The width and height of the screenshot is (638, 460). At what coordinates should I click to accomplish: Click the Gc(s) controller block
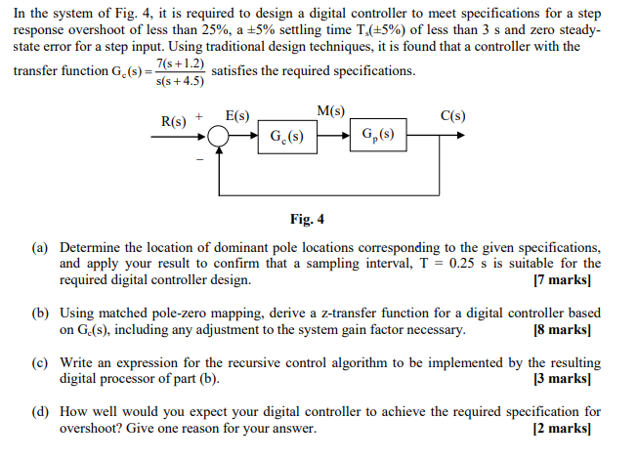pyautogui.click(x=285, y=136)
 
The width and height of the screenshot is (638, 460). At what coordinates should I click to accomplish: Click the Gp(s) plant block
pyautogui.click(x=377, y=135)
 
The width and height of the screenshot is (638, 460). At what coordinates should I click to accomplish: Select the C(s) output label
pyautogui.click(x=452, y=117)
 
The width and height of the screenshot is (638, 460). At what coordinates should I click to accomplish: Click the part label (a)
pyautogui.click(x=41, y=248)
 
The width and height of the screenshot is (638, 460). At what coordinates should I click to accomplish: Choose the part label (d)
pyautogui.click(x=41, y=412)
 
